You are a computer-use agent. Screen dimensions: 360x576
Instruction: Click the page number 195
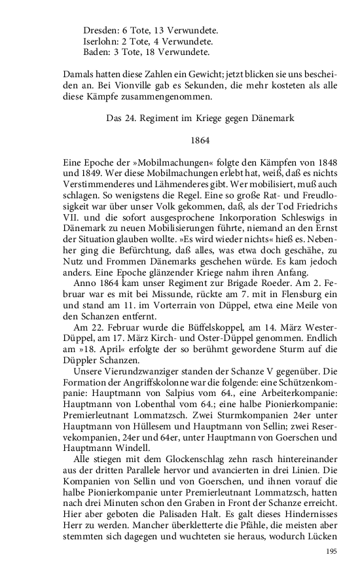coord(331,551)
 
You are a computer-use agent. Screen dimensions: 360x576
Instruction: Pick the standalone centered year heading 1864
coord(200,140)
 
